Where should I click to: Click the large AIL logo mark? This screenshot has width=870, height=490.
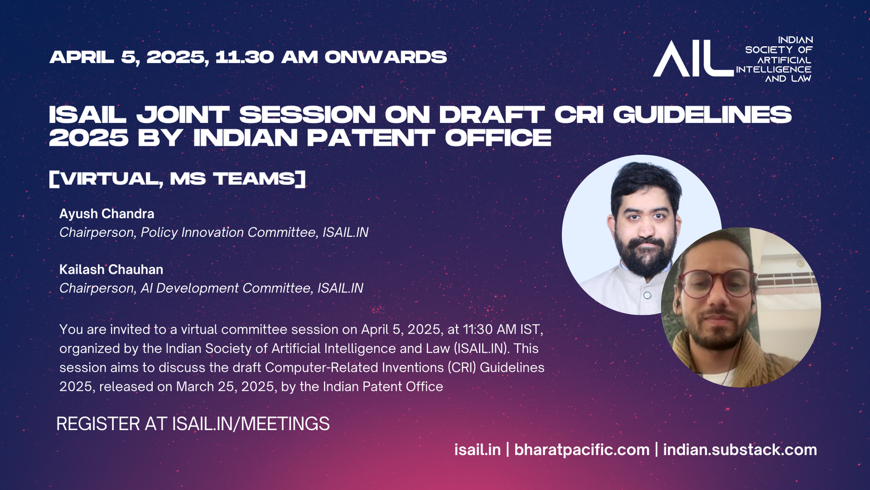[693, 58]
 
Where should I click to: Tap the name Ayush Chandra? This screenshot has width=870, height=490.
[107, 214]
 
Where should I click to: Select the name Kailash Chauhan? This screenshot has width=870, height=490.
[111, 269]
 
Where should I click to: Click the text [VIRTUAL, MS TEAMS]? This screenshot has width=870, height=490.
[177, 179]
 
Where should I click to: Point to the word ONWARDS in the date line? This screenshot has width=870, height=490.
[386, 57]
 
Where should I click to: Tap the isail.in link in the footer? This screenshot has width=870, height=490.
[477, 450]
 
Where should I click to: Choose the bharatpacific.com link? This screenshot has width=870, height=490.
[582, 450]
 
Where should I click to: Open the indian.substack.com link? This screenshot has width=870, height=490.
[740, 450]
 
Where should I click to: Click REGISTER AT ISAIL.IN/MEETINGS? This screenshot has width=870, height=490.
[193, 424]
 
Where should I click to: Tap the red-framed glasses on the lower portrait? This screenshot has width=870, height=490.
[717, 283]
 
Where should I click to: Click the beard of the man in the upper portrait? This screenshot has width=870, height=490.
[645, 256]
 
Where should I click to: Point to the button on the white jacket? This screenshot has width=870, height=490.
[648, 296]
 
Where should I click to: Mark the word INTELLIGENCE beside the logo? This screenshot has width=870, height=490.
[773, 69]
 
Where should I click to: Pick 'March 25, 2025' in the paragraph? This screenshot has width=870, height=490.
[227, 387]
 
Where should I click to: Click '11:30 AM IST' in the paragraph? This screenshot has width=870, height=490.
[502, 330]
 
